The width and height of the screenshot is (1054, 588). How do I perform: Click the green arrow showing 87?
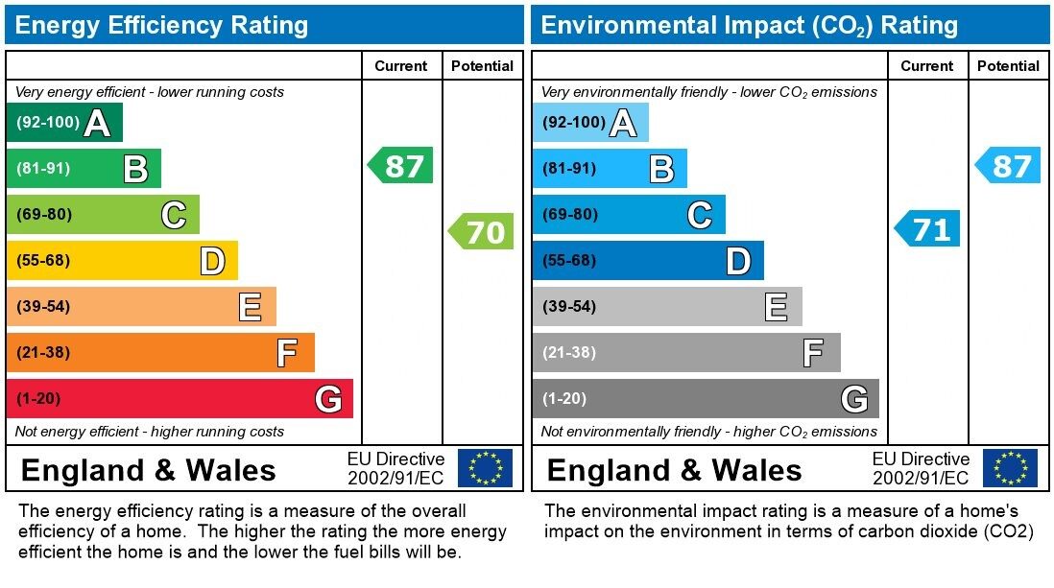tap(401, 166)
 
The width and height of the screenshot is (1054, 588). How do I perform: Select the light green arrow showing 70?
tap(482, 232)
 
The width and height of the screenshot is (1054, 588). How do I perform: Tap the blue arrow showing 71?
tap(927, 230)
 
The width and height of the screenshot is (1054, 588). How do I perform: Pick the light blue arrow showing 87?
tap(1008, 166)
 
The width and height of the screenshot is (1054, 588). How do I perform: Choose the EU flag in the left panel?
tap(485, 468)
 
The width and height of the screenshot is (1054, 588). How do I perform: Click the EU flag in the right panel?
tap(1010, 468)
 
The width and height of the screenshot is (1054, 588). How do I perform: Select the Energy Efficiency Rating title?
tap(161, 25)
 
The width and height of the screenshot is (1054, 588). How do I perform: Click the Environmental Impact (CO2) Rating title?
tap(749, 25)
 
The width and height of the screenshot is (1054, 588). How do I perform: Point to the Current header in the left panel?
tap(400, 66)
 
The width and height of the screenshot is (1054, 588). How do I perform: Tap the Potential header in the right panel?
tap(1008, 66)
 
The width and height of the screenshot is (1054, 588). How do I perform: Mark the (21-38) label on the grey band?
tap(569, 353)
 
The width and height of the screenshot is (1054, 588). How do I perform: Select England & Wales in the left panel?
tap(148, 470)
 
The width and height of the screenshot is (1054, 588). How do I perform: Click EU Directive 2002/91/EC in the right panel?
tap(921, 468)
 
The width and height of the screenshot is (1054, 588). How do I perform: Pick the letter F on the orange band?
tap(286, 354)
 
